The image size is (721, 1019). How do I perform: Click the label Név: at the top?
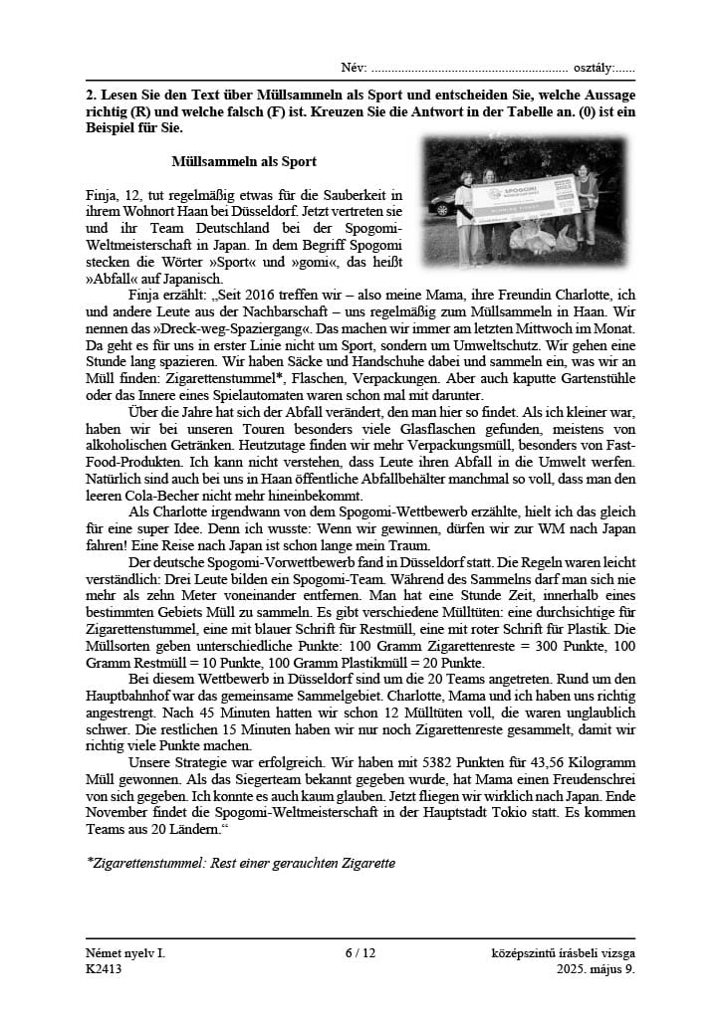[354, 68]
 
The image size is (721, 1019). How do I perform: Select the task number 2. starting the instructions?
[91, 94]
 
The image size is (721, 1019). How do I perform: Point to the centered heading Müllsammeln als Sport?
[244, 160]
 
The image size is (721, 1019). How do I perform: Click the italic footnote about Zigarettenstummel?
[241, 863]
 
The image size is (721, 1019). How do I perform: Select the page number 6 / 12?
[360, 952]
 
